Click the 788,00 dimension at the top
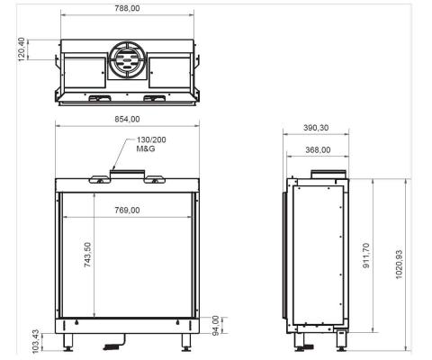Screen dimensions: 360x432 click(x=127, y=7)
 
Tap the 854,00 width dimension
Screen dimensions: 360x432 click(x=127, y=119)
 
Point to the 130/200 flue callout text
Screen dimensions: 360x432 click(x=151, y=141)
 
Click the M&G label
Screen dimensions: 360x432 click(x=147, y=150)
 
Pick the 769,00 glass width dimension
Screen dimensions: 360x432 click(x=127, y=210)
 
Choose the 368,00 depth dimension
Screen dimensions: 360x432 click(x=318, y=150)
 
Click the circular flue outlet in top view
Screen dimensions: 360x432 click(x=127, y=60)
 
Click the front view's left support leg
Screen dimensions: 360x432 click(x=68, y=344)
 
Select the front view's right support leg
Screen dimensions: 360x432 click(x=186, y=344)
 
